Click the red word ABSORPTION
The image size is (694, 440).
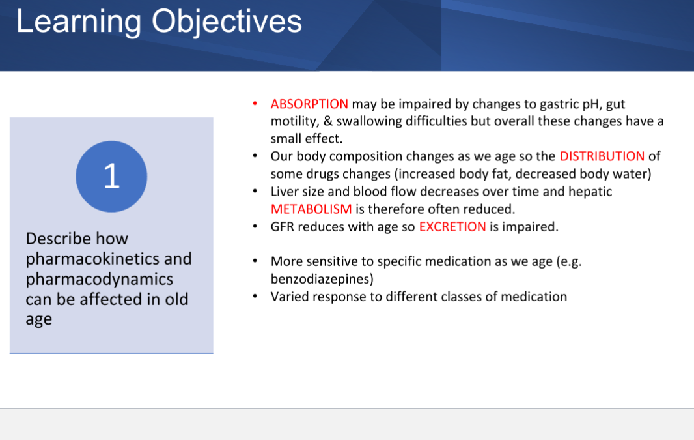pos(309,104)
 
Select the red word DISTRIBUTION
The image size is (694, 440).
pos(602,156)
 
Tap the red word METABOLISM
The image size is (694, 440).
pos(311,209)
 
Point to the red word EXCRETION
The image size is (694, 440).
pos(452,226)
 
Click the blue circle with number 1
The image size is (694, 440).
pos(111,177)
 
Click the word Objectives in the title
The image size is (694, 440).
pos(227,22)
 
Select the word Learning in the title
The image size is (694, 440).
pos(78,22)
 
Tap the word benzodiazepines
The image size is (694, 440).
pos(322,279)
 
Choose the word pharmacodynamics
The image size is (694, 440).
pos(99,279)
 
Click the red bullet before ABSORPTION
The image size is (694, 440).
pos(255,104)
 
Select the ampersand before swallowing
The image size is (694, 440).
pos(328,121)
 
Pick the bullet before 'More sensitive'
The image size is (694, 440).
pos(255,261)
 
